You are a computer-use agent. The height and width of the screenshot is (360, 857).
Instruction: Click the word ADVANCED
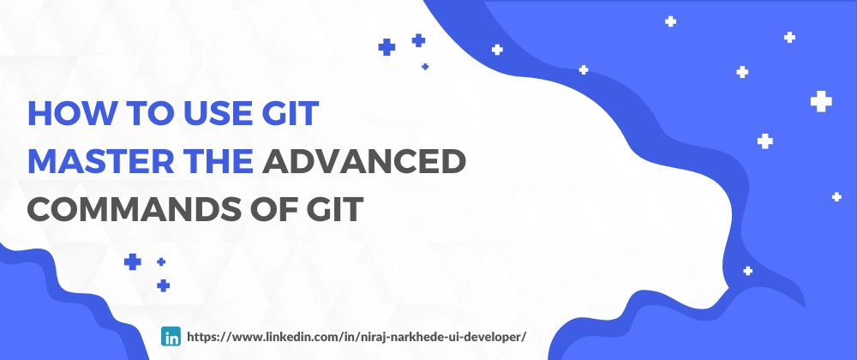[363, 161]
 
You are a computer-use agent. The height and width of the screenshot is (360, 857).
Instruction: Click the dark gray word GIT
[331, 208]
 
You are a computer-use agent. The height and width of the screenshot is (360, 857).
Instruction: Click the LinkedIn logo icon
[171, 336]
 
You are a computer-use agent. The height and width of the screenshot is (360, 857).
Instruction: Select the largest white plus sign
[821, 102]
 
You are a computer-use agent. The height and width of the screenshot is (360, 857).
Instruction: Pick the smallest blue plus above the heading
[425, 67]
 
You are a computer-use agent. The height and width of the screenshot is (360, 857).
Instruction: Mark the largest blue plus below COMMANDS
[132, 262]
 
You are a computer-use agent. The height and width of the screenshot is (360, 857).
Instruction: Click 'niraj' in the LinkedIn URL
[371, 337]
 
